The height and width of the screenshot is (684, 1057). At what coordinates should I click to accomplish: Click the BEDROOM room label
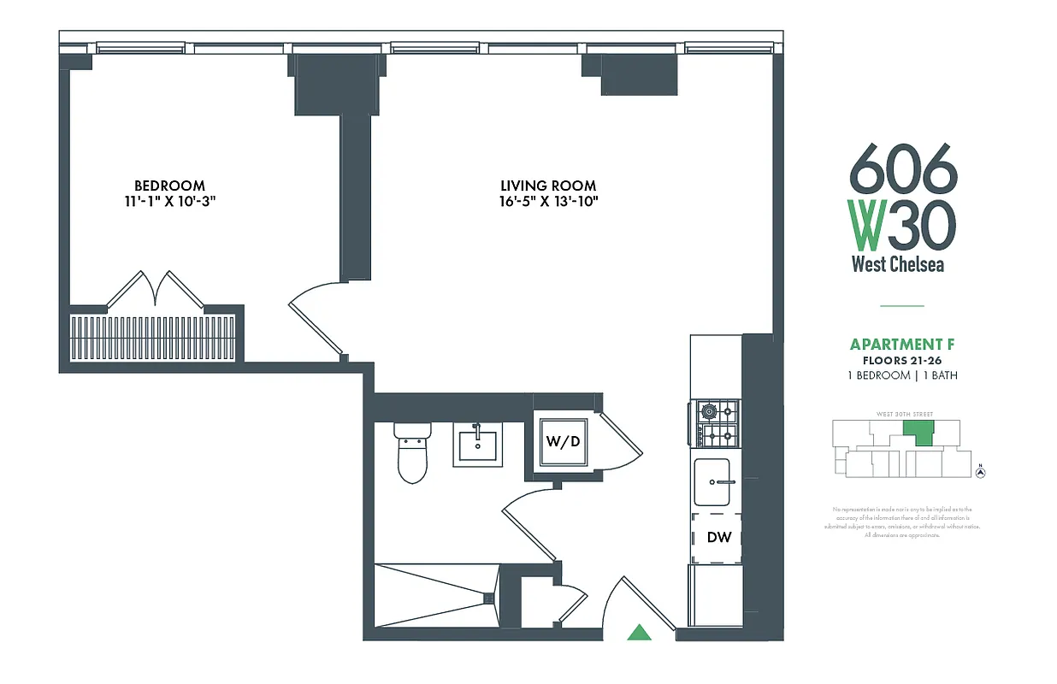coord(169,186)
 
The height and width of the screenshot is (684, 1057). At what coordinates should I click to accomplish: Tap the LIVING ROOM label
coord(548,186)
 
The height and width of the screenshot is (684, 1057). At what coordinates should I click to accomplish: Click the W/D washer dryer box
coord(564,442)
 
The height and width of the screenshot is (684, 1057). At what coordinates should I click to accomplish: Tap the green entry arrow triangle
coord(639,633)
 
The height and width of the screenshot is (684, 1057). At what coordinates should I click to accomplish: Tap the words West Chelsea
coord(898,264)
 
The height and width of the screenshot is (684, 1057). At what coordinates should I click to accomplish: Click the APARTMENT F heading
coord(902,345)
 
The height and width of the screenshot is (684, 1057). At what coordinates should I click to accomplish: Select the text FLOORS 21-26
coord(902,361)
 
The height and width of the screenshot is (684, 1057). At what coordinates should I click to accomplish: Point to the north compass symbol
coord(982,471)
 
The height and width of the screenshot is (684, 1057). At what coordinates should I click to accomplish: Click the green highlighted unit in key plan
coord(920,433)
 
